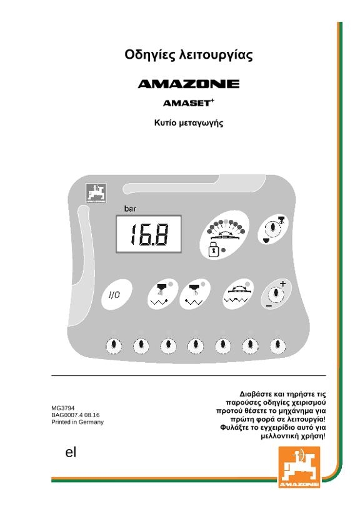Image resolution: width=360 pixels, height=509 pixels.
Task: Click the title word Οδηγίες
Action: (150, 55)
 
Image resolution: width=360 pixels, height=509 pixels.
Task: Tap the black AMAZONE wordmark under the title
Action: (189, 84)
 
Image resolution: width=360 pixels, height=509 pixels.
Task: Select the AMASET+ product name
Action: (189, 102)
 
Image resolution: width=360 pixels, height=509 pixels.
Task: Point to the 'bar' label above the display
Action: (130, 209)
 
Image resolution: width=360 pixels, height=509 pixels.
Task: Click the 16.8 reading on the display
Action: (149, 235)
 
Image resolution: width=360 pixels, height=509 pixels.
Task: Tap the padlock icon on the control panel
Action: (213, 250)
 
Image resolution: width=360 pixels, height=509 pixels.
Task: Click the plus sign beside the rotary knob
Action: (283, 284)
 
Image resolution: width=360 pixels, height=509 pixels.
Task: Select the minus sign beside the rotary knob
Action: (269, 306)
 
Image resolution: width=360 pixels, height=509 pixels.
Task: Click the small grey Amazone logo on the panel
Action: (96, 193)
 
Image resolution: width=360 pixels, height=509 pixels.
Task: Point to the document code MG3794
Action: (63, 408)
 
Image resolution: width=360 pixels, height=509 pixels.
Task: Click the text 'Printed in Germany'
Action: (77, 422)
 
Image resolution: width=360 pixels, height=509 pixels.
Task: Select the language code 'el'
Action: (71, 452)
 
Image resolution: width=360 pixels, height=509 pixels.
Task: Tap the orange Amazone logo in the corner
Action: (299, 467)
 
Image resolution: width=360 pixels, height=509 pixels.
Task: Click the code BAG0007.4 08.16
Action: (76, 415)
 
